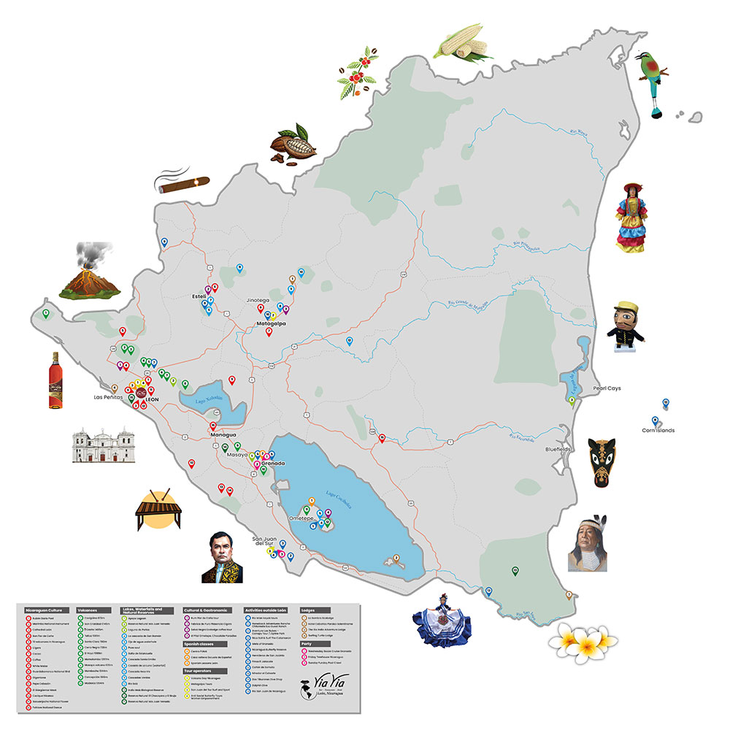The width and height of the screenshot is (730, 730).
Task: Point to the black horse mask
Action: (604, 461)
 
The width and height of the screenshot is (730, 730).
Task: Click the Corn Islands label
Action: (658, 431)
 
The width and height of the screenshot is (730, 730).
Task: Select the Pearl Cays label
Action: (607, 388)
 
